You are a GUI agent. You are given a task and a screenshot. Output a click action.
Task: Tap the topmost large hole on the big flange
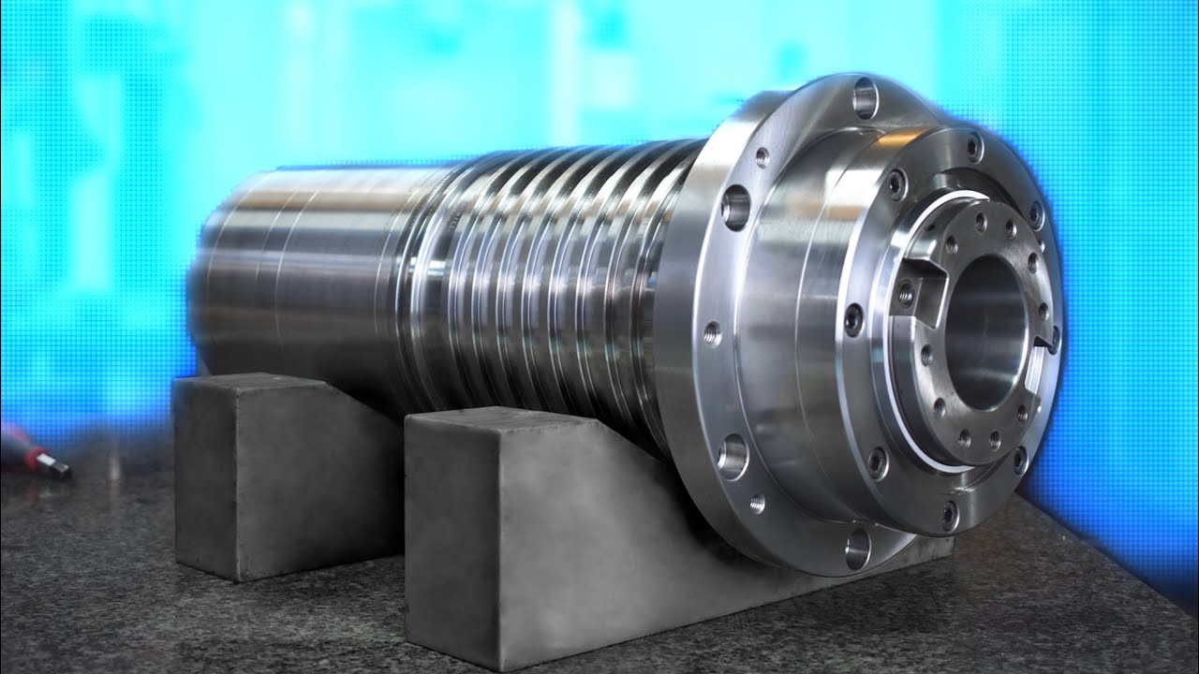(865, 97)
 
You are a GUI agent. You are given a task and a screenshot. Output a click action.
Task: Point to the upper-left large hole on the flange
(736, 206)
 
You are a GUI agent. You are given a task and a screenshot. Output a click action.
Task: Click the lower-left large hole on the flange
(733, 457)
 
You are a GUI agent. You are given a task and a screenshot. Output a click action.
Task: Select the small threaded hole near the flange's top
(762, 156)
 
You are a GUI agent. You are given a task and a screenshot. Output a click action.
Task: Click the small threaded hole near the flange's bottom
(757, 503)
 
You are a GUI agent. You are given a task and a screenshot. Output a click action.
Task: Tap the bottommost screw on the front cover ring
(950, 512)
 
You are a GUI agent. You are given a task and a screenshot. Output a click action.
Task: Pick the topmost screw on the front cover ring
(974, 146)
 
